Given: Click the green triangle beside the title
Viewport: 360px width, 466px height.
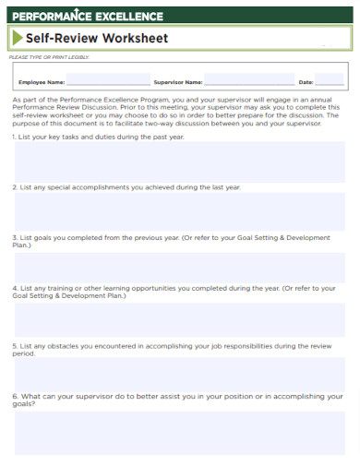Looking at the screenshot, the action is (x=18, y=39).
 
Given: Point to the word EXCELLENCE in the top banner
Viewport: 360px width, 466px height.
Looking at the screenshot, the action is (x=129, y=16).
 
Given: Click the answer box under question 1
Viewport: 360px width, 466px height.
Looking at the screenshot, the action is (x=180, y=161).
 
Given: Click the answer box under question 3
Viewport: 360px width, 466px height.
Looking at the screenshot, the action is (x=180, y=266).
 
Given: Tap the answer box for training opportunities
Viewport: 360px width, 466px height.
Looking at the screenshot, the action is (x=180, y=318).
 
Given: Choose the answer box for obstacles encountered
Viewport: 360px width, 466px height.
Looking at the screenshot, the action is (x=180, y=374).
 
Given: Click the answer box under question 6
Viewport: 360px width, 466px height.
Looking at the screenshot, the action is (x=180, y=431).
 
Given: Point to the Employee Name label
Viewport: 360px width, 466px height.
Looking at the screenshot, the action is (x=42, y=82).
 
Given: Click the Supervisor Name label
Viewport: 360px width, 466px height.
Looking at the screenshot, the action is (x=178, y=82).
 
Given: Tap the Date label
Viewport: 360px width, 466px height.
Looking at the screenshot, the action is (x=306, y=82).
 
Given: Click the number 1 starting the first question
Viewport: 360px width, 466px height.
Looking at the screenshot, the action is (x=14, y=137).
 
